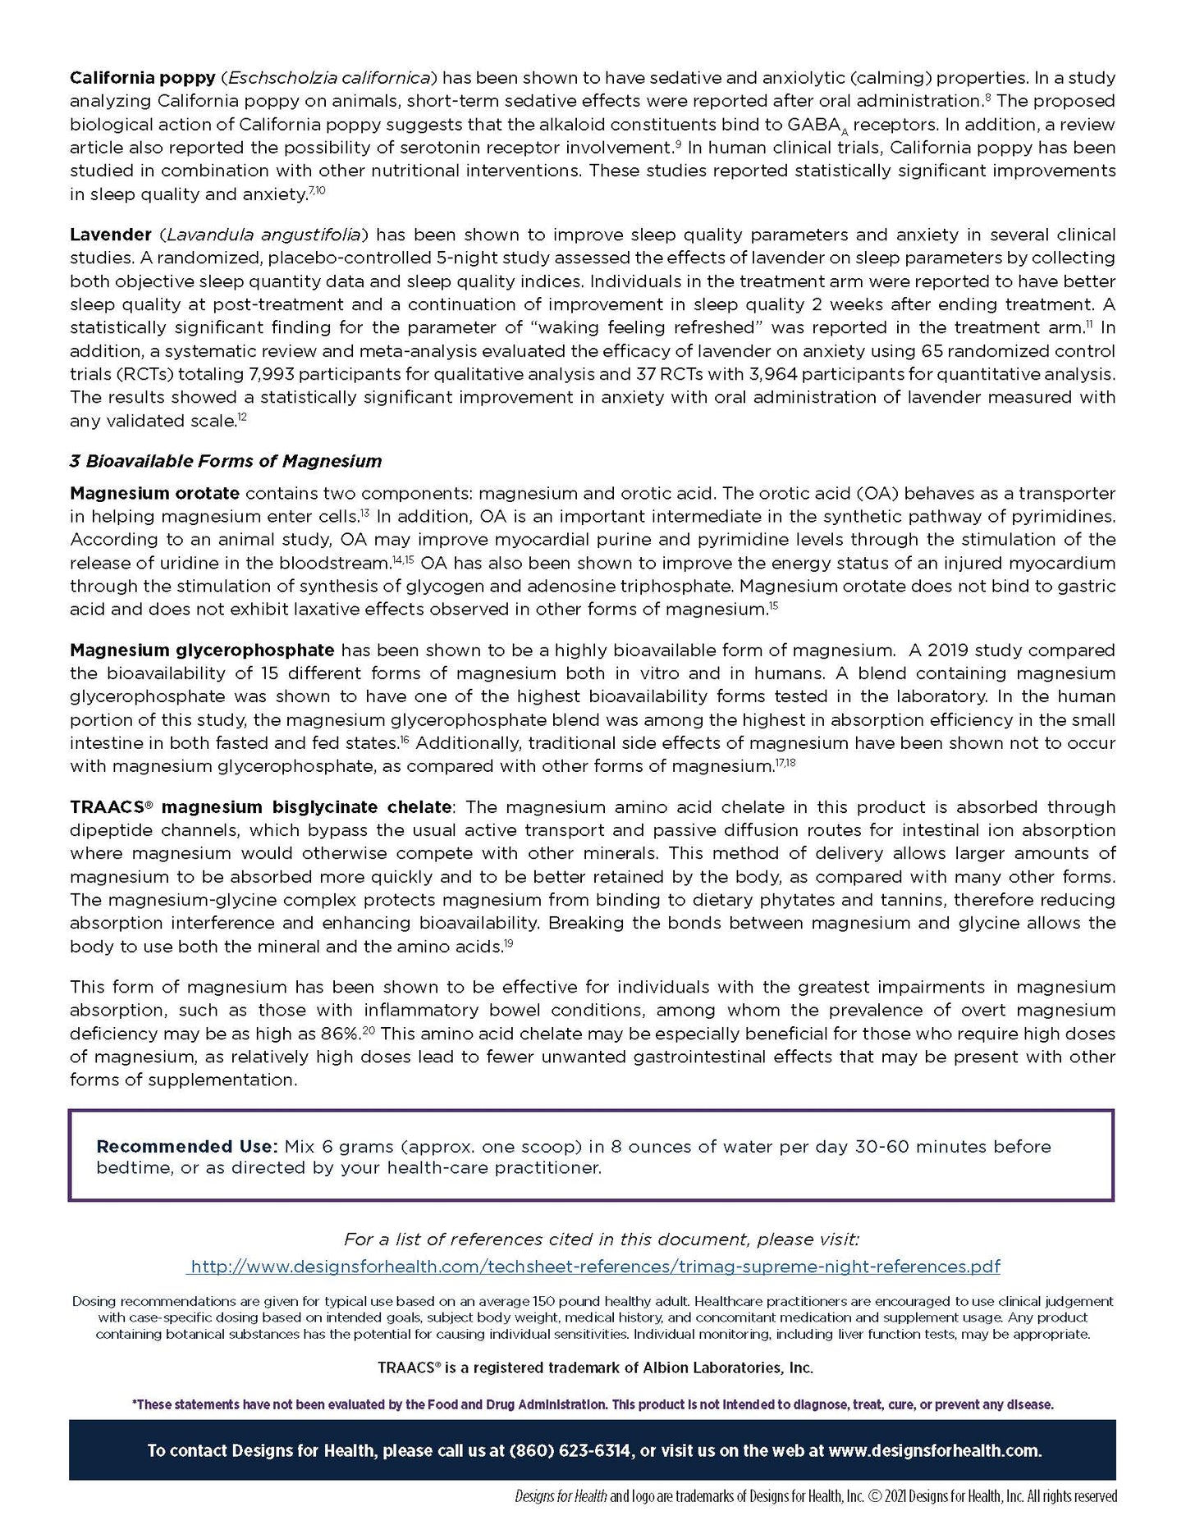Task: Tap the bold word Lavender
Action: [x=110, y=235]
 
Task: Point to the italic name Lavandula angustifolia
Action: [x=263, y=235]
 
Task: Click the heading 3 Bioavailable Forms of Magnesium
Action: [x=226, y=461]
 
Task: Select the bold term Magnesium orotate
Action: [x=154, y=494]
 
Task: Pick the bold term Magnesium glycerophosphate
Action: [x=202, y=651]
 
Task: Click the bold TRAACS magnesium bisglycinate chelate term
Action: [x=260, y=807]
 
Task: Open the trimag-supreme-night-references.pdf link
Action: [x=594, y=1267]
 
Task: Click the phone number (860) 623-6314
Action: [x=570, y=1450]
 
